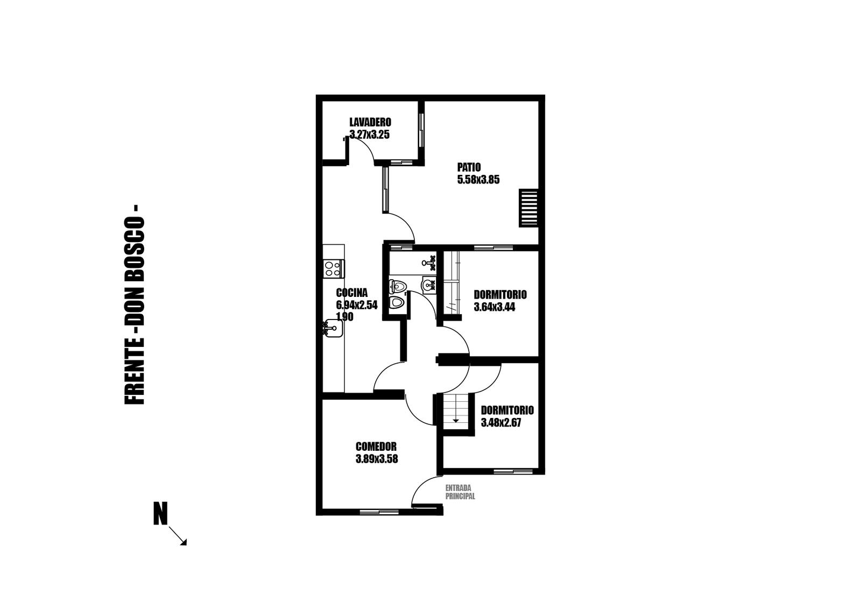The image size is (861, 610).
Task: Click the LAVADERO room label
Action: click(x=370, y=122)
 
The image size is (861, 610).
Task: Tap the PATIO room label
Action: click(x=469, y=167)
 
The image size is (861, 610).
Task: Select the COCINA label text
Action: click(x=352, y=293)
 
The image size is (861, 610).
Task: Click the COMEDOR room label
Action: click(x=376, y=446)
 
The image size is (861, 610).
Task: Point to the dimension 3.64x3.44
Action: click(x=495, y=307)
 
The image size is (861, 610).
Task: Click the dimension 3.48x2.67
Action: click(x=501, y=423)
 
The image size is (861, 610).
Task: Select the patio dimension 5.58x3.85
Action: click(x=478, y=180)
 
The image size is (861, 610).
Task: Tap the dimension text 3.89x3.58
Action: click(x=377, y=459)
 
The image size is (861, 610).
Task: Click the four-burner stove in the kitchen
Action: click(x=334, y=269)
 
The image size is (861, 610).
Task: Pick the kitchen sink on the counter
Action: click(x=333, y=329)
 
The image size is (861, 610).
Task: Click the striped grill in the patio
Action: click(x=528, y=208)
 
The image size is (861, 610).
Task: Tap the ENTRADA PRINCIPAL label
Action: click(x=460, y=492)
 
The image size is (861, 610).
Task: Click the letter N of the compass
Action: click(x=161, y=513)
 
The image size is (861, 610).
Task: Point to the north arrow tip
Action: click(x=186, y=545)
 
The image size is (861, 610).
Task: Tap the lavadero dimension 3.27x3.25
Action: click(x=369, y=134)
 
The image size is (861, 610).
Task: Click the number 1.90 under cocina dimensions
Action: click(x=345, y=316)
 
